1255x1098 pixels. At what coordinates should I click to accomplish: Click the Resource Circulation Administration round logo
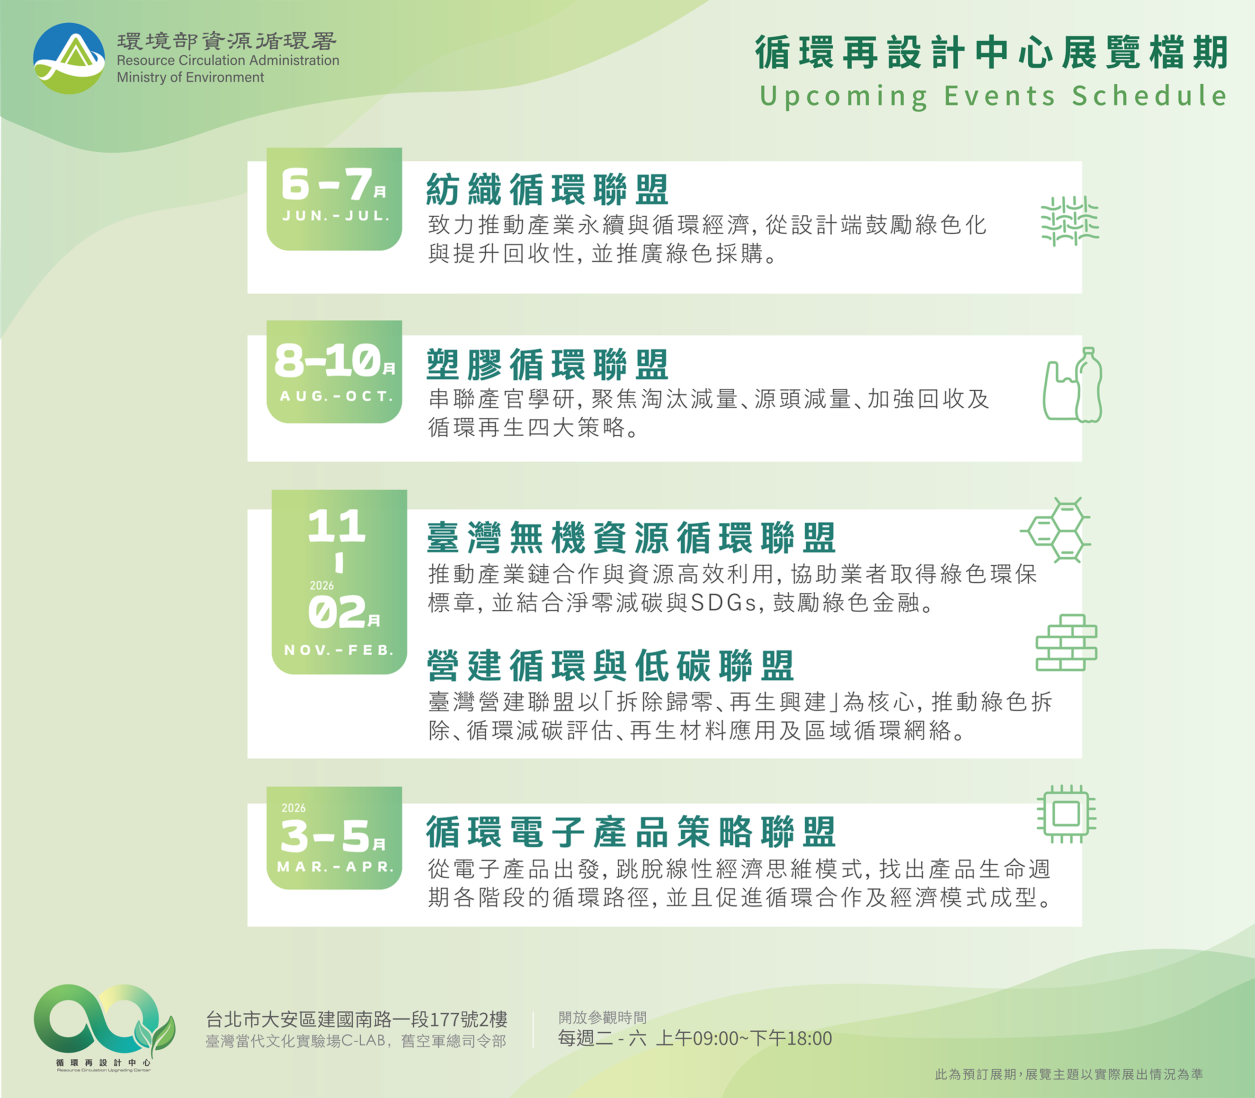pos(69,59)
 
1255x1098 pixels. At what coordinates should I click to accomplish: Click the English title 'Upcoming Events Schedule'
pos(993,96)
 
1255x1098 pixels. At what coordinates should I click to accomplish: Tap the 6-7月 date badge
pos(334,199)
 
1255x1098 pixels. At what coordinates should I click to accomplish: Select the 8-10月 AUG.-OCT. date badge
pos(334,371)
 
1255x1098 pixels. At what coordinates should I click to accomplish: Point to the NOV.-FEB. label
pos(339,650)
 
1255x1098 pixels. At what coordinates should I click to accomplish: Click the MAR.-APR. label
pos(335,867)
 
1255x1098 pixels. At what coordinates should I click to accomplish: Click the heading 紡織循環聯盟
pos(547,190)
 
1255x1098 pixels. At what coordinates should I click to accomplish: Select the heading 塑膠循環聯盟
pos(547,365)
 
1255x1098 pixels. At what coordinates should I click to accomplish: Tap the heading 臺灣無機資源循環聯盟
pos(631,538)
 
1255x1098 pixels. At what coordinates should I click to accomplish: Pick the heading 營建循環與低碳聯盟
pos(611,666)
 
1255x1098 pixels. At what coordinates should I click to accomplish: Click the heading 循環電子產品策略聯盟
pos(631,832)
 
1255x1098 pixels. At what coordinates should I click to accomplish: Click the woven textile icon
pos(1070,221)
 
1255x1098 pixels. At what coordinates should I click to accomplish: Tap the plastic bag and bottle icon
pos(1072,386)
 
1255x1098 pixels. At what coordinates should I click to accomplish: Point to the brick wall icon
pos(1066,643)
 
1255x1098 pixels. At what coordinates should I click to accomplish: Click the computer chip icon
pos(1066,814)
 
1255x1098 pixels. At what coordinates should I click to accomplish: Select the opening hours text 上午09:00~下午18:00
pos(744,1038)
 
